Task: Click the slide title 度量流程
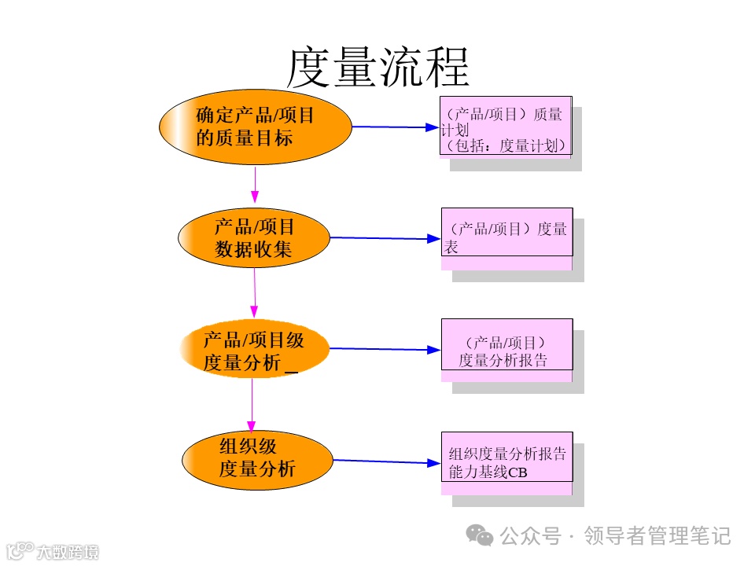coord(377,67)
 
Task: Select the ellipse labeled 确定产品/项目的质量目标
coord(255,127)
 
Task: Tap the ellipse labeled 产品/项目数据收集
coord(254,237)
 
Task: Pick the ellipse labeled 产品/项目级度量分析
coord(253,350)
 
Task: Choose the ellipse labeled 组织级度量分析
coord(253,460)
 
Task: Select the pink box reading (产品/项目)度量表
coord(506,232)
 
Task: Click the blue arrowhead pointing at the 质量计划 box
coord(431,127)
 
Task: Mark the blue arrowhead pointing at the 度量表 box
coord(433,239)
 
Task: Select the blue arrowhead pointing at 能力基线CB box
coord(433,463)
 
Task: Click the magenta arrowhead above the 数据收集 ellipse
coord(255,196)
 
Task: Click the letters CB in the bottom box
coord(517,472)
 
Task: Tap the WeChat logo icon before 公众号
coord(480,535)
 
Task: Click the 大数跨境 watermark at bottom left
coord(67,552)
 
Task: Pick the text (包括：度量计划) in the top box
coord(505,145)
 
